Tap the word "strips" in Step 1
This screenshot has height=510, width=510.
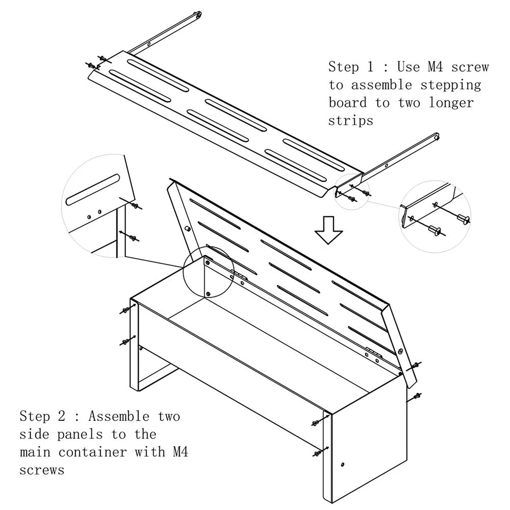coord(351,121)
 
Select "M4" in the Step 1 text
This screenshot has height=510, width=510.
coord(435,67)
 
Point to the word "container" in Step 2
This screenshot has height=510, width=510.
coord(92,452)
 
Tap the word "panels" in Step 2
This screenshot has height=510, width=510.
coord(80,435)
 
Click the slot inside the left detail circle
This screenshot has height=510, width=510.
coord(92,190)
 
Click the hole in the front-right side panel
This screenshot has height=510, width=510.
coord(343,464)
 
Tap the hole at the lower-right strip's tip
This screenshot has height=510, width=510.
coord(436,137)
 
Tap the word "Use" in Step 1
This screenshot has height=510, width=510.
coord(408,67)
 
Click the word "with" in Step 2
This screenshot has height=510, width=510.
coord(150,452)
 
